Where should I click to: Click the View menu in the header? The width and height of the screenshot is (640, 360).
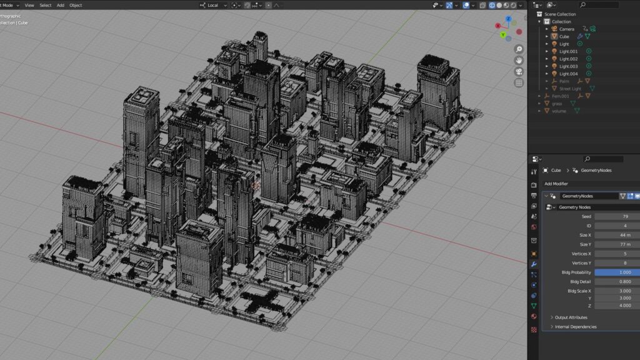pos(29,5)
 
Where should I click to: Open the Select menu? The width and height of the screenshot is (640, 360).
pos(46,5)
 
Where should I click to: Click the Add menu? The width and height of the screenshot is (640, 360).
pos(61,5)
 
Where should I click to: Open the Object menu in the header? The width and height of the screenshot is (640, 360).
pos(76,5)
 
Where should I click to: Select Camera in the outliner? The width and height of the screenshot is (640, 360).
pos(566,29)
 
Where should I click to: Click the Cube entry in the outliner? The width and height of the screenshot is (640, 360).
pos(564,36)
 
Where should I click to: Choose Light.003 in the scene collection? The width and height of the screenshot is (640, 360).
pos(568,66)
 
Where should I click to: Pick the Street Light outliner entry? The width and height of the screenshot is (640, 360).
pos(571,89)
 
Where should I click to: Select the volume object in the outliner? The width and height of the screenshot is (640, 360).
pos(559,111)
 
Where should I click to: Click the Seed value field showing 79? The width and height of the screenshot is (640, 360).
pos(616,216)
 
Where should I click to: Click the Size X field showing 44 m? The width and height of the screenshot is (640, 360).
pos(616,235)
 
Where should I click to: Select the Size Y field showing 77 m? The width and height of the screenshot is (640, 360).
pos(616,244)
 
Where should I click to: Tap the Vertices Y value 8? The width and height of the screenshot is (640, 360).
pos(616,263)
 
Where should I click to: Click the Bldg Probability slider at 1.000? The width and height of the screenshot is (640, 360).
pos(616,272)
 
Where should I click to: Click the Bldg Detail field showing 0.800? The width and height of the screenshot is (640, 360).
pos(616,282)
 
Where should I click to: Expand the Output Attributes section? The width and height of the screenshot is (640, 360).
pos(571,317)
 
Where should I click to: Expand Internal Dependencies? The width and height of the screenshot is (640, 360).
pos(575,327)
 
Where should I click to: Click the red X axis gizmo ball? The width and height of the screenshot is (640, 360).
pos(497,26)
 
